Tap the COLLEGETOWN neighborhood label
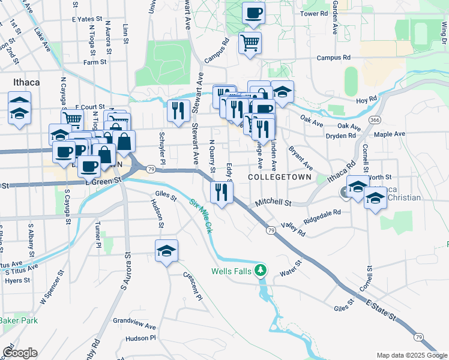coord(280,178)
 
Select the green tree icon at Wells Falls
coord(261,271)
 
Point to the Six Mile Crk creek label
coord(202,215)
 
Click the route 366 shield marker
coord(375,120)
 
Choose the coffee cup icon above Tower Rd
coord(253,13)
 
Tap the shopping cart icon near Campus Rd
coord(250,42)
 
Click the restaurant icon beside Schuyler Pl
coord(178,110)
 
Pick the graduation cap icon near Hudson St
coord(166,251)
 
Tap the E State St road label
coord(383,313)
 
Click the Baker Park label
coord(19,320)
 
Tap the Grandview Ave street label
coord(134,328)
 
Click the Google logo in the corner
coord(20,353)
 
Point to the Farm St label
coord(95,62)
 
